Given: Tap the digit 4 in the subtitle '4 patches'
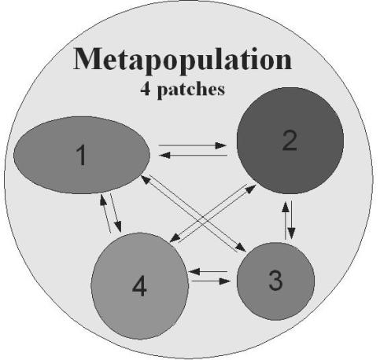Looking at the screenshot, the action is (x=146, y=90).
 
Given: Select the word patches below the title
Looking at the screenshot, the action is (x=191, y=90).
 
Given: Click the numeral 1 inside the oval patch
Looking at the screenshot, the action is (x=82, y=155).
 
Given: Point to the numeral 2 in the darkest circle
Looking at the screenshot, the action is (x=290, y=141).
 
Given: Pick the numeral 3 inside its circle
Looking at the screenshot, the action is (x=276, y=281).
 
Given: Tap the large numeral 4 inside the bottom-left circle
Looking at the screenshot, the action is (x=139, y=287).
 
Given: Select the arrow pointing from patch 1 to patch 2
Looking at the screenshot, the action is (x=193, y=145).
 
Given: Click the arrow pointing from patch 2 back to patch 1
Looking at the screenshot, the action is (x=194, y=156).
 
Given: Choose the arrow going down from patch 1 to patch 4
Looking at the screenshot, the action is (x=116, y=213).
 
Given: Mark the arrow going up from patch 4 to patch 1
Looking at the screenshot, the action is (x=105, y=213).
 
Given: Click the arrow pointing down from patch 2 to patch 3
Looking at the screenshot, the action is (x=291, y=220).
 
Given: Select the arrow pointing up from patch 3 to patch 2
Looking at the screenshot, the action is (x=286, y=220).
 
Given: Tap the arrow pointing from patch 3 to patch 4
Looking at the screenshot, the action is (x=208, y=272).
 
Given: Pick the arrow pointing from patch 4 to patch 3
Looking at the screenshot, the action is (x=211, y=281).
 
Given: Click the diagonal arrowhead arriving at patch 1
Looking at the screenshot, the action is (x=146, y=179).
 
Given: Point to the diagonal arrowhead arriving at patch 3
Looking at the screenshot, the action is (x=241, y=248).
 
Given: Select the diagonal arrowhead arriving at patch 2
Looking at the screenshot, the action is (x=251, y=188).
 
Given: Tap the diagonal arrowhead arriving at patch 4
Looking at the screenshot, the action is (x=175, y=237).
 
